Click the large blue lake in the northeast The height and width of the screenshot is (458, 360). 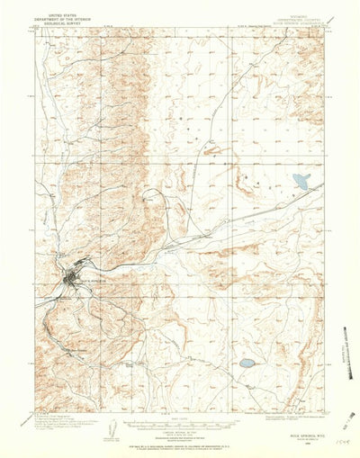tap(300, 182)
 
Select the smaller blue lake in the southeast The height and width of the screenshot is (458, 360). tap(246, 364)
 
